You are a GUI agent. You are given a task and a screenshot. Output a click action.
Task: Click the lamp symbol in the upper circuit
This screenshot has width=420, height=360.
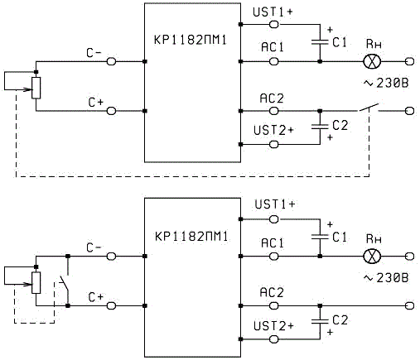tap(372, 61)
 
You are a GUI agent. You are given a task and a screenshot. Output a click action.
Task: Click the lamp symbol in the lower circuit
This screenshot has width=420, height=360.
tap(372, 257)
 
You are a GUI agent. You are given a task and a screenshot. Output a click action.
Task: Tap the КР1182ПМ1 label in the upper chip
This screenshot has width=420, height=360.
tap(191, 41)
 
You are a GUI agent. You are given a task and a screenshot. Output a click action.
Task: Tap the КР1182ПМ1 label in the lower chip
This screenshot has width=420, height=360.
tap(191, 237)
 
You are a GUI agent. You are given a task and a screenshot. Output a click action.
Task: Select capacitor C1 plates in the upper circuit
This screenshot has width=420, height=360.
tap(320, 42)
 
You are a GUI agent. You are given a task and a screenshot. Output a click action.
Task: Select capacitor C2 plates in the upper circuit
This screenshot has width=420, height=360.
tap(320, 127)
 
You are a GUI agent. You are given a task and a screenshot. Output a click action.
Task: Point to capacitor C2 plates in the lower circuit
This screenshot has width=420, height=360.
tap(320, 321)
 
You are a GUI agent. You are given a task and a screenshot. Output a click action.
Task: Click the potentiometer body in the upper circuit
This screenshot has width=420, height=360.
tap(36, 88)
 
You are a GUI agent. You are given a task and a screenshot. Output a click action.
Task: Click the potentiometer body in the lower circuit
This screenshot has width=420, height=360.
tap(36, 283)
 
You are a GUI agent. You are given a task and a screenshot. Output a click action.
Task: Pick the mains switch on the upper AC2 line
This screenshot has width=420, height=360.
tap(369, 108)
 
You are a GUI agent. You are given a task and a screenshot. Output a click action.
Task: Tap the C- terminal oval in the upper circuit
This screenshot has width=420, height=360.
tap(111, 61)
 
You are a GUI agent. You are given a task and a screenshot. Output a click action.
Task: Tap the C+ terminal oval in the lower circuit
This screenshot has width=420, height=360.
tap(111, 305)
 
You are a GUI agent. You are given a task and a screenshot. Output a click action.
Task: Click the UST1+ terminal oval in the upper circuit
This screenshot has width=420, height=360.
tap(273, 25)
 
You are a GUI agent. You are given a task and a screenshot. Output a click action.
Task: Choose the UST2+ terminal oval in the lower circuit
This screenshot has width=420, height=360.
tap(273, 339)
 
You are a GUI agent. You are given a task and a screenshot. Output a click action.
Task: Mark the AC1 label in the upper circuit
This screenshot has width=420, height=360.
tap(273, 47)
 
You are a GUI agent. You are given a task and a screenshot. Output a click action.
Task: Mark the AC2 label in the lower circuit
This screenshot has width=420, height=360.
tap(272, 293)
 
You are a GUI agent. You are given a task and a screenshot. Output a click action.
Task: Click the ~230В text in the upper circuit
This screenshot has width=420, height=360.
tap(386, 83)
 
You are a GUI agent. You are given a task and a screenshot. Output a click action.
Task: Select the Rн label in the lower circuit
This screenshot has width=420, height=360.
tap(374, 239)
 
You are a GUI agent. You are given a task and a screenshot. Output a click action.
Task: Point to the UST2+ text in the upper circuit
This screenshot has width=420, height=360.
tap(273, 130)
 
